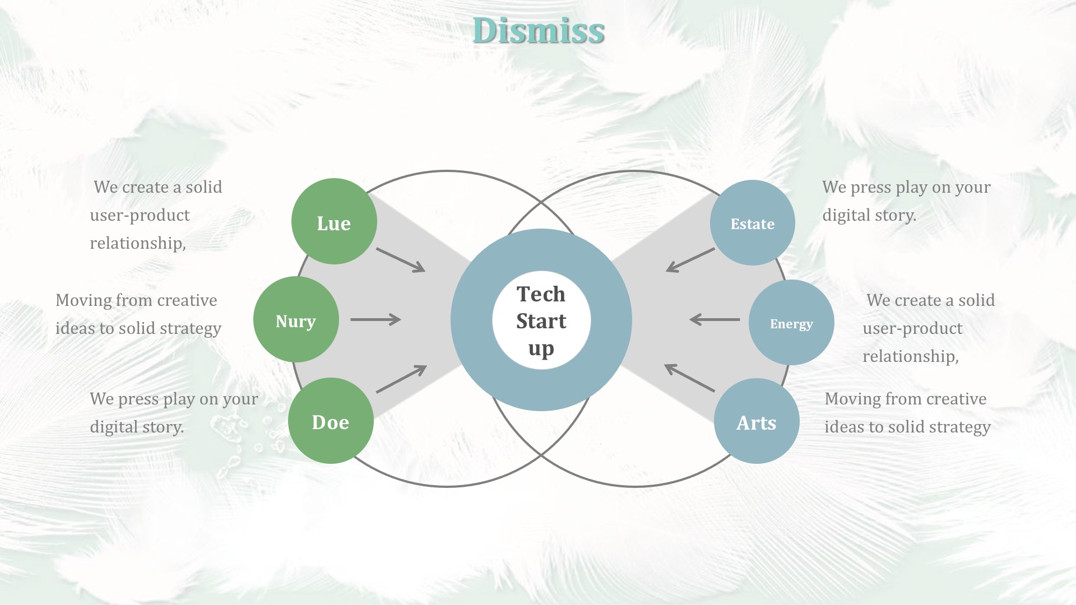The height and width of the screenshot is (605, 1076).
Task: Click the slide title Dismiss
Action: click(539, 30)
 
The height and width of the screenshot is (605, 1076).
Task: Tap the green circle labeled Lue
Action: click(334, 221)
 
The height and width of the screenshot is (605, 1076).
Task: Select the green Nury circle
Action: click(296, 319)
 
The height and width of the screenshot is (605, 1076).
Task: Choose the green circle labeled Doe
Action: click(331, 421)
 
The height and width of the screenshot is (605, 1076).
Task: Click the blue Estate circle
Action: click(753, 222)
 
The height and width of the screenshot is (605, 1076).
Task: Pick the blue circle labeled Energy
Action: click(791, 322)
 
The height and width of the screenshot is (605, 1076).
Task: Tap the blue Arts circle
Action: click(757, 421)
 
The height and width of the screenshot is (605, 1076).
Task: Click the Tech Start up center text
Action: click(541, 321)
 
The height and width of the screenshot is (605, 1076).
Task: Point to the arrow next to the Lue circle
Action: click(401, 260)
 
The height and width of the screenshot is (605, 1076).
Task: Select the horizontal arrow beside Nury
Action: click(375, 319)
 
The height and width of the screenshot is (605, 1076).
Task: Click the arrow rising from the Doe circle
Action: click(401, 379)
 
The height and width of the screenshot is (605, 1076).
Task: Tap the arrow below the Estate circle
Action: click(690, 260)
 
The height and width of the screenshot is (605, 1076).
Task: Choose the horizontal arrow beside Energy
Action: click(715, 319)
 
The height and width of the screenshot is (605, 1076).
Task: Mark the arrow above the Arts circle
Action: click(690, 378)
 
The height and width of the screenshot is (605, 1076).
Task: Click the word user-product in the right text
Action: click(912, 328)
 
